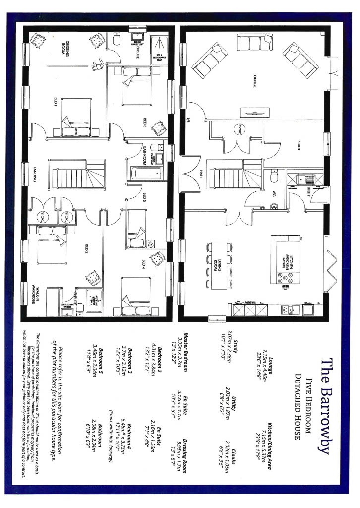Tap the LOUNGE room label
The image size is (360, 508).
click(254, 81)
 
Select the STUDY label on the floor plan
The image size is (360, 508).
click(299, 146)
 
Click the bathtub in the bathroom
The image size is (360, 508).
click(146, 174)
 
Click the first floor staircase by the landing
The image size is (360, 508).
click(76, 174)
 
